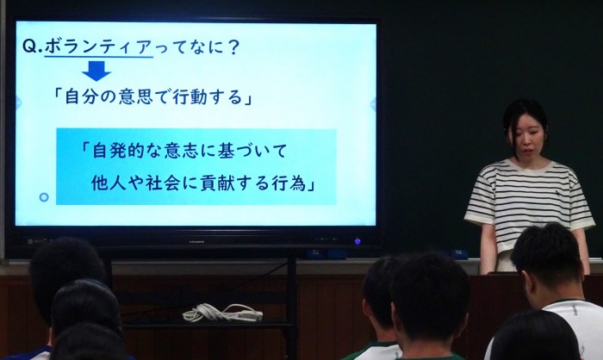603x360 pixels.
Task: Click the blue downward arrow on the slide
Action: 96,71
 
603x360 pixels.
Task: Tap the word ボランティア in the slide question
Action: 98,47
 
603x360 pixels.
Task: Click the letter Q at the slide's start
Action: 29,47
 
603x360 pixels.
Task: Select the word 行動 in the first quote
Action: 190,96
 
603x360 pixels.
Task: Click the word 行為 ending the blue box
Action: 290,183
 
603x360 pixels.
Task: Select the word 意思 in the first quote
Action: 136,96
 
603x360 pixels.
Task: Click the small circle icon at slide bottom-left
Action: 44,197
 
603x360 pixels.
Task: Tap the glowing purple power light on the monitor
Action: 357,241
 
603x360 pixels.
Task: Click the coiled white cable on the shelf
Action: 222,312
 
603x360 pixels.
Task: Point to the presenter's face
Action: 528,138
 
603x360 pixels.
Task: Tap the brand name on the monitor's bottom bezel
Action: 196,242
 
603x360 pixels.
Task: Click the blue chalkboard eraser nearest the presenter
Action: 458,254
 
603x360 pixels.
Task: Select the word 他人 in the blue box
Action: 109,183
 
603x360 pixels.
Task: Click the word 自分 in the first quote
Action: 83,96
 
